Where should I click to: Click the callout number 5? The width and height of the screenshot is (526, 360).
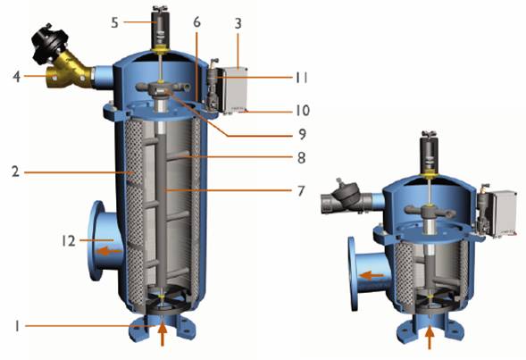[114, 22]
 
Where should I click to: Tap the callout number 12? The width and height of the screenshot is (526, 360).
[69, 240]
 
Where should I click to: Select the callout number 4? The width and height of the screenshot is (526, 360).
[16, 77]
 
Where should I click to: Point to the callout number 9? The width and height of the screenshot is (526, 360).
[302, 134]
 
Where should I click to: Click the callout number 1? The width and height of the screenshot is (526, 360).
[16, 326]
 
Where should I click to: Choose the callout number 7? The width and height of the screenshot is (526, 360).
[301, 191]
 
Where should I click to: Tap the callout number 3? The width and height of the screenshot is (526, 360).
[238, 23]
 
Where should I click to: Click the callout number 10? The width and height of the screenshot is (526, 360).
[302, 111]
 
